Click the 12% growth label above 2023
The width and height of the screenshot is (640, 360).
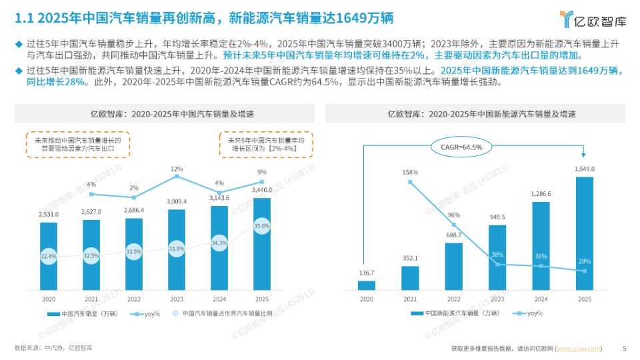click(x=177, y=169)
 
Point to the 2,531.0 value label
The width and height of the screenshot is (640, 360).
click(x=49, y=215)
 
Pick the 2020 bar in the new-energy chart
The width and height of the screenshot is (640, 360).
click(x=367, y=285)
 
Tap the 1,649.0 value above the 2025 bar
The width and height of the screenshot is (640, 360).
click(x=584, y=169)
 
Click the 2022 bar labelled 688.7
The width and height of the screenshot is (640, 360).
click(x=454, y=267)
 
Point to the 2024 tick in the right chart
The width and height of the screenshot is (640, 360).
click(x=541, y=299)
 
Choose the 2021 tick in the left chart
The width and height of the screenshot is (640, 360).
click(x=91, y=299)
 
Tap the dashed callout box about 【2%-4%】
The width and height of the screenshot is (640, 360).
click(x=267, y=145)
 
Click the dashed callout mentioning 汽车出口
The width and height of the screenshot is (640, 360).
click(x=77, y=145)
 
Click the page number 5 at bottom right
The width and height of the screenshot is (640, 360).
click(x=624, y=348)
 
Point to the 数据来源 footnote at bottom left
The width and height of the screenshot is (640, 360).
click(x=53, y=348)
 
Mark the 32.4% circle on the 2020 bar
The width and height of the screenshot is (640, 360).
click(x=49, y=255)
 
